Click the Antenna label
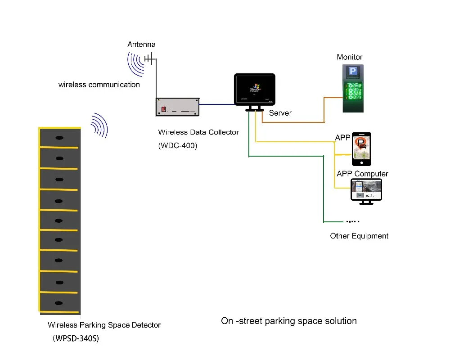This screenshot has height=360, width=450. pos(141,45)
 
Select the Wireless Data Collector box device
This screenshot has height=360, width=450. pos(177,107)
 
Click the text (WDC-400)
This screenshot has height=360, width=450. pos(177,146)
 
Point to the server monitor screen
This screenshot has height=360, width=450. pos(255,89)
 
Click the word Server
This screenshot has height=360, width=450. pos(280,113)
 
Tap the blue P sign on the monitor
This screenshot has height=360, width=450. pos(353,72)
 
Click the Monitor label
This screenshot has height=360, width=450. pos(349,57)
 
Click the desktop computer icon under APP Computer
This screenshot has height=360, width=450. pos(366,191)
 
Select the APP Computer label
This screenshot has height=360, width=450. pos(362,174)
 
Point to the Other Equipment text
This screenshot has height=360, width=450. pos(359,236)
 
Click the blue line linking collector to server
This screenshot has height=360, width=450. pos(217,104)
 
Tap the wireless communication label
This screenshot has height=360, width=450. pos(99,85)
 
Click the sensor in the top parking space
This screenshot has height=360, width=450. pos(59,138)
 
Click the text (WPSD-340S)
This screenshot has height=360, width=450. pos(76,338)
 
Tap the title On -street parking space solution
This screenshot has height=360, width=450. pos(288,321)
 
